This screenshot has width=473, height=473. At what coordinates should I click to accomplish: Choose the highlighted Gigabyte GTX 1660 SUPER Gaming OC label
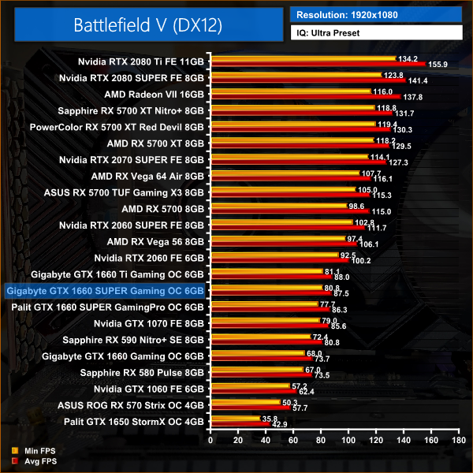pyautogui.click(x=105, y=291)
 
